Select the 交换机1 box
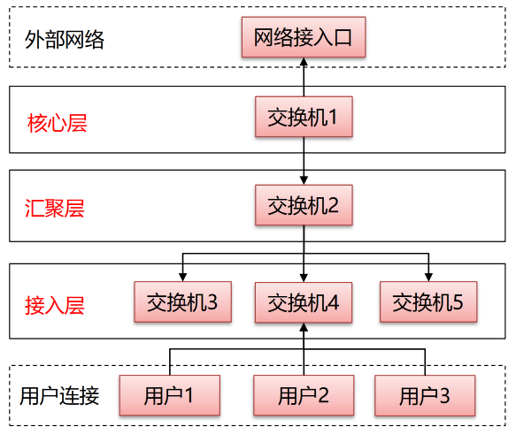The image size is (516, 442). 304,117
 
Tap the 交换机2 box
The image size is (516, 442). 304,206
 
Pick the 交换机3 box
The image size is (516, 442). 181,302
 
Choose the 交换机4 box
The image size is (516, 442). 304,302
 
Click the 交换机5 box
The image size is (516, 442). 428,302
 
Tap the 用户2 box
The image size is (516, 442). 304,395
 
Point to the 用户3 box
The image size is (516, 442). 424,395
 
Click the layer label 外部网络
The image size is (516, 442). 63,40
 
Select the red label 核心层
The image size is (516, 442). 58,123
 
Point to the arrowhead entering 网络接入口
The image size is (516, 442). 304,63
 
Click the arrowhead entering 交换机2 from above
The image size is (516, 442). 304,179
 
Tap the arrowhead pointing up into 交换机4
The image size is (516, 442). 304,329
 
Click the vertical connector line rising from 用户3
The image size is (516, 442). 425,362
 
